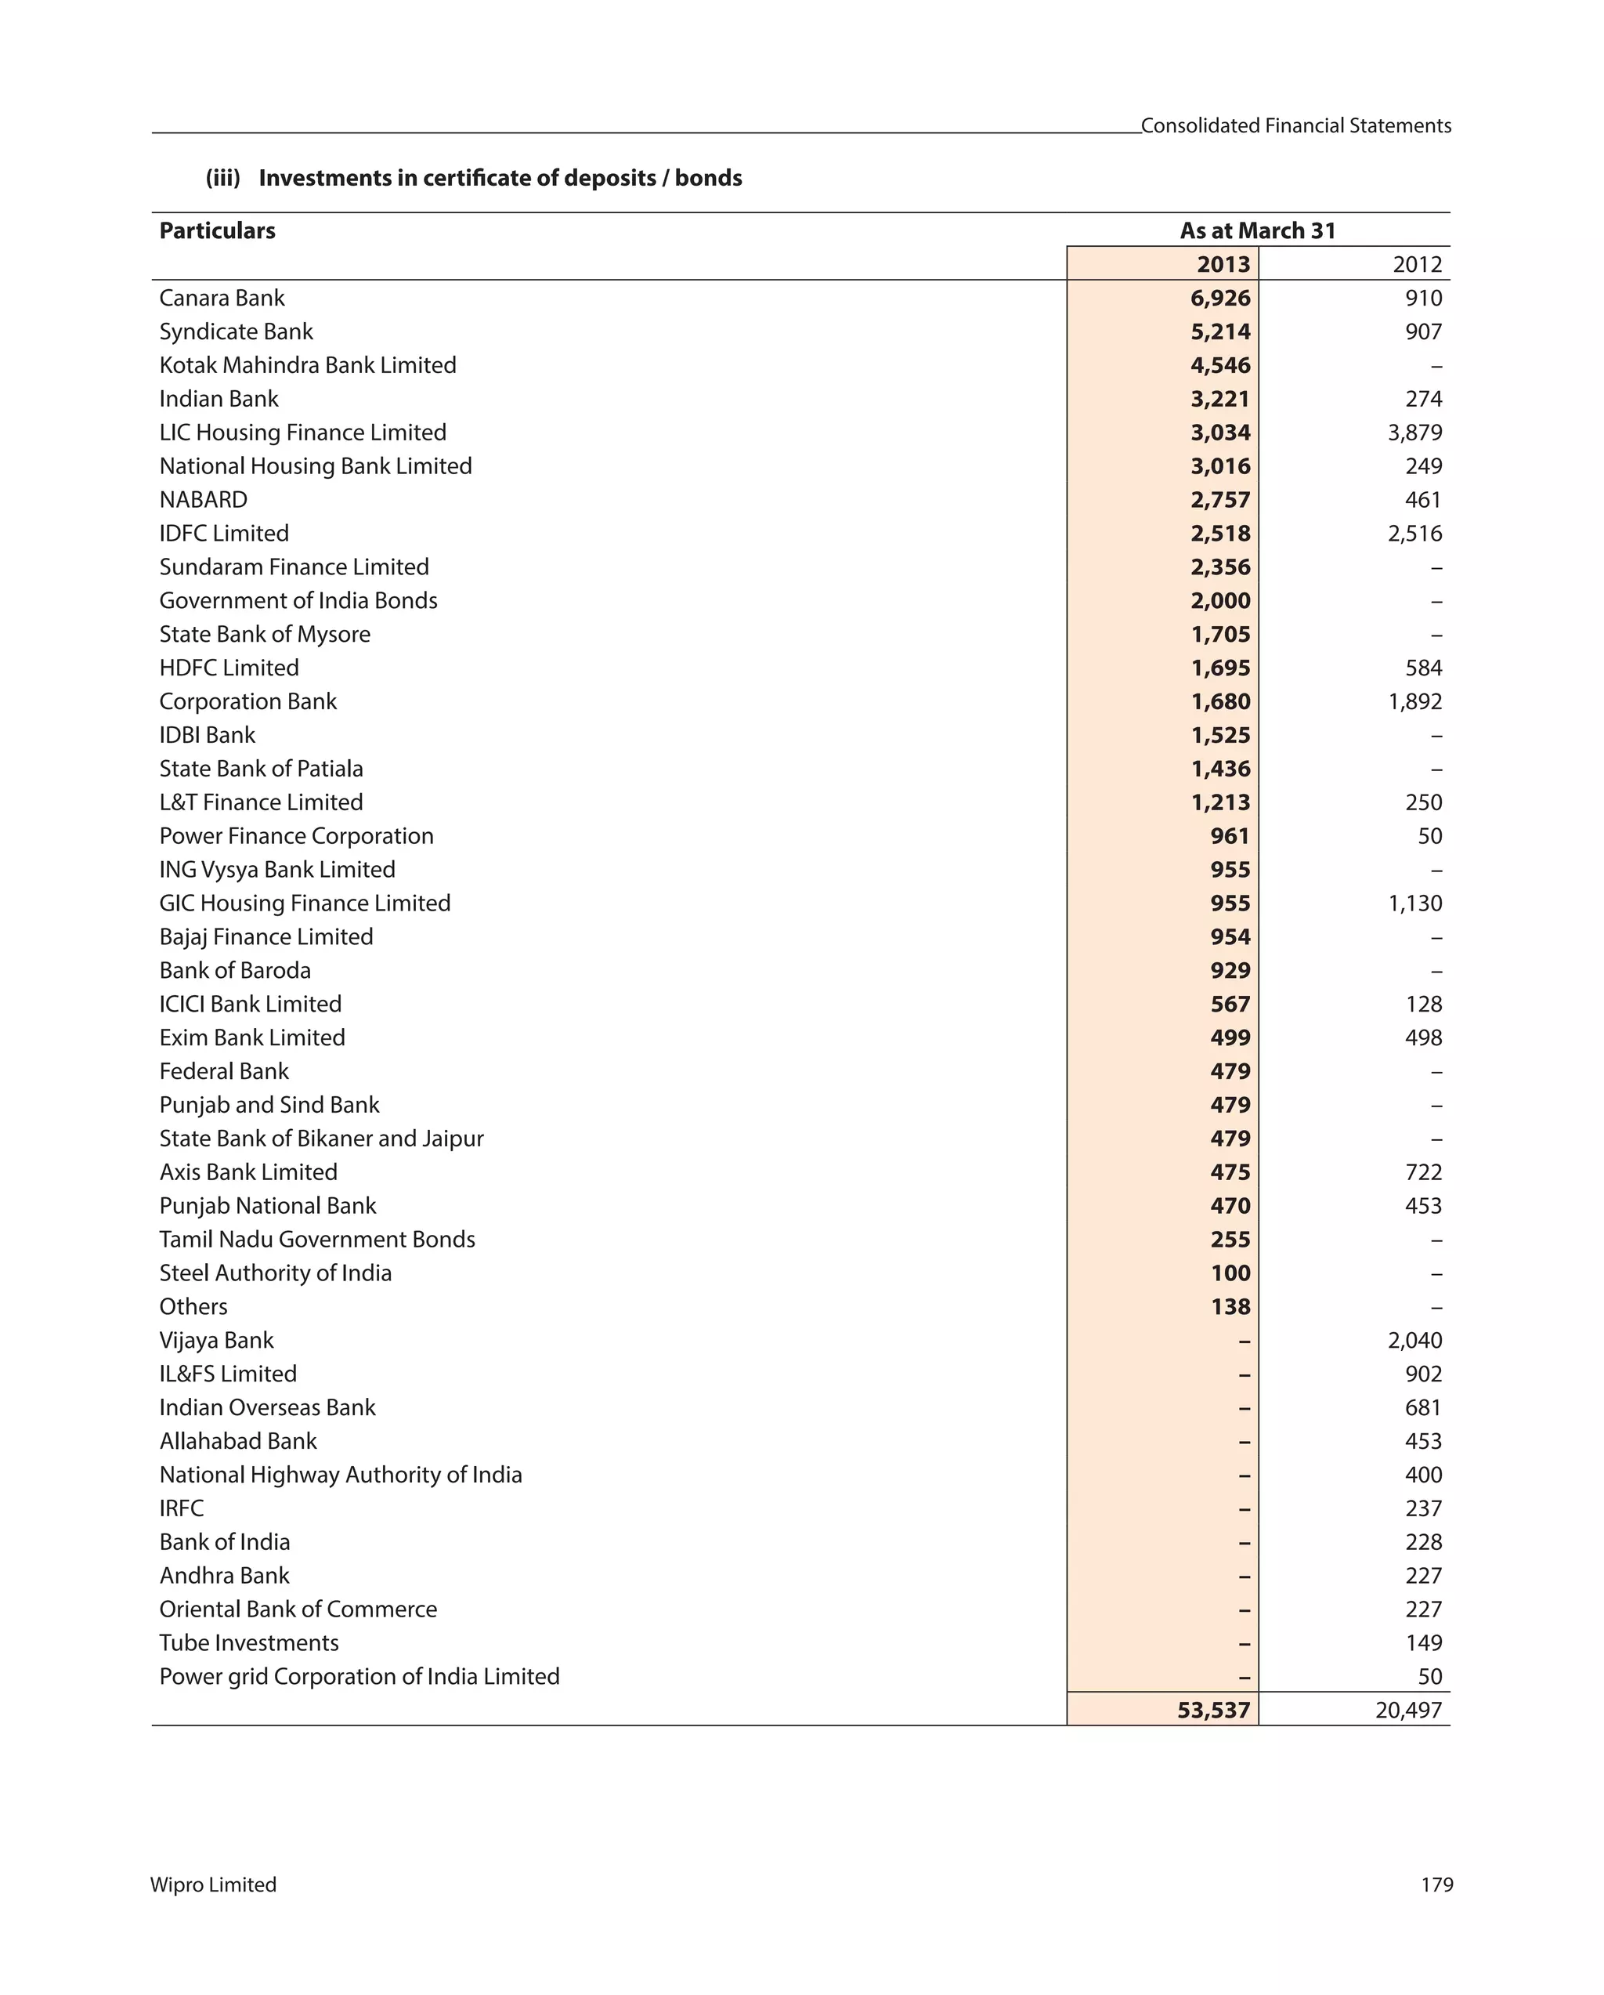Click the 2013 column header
tap(1222, 265)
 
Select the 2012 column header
tap(1416, 265)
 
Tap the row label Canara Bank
tap(222, 298)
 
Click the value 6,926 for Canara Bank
tap(1219, 298)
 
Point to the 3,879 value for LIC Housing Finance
tap(1414, 432)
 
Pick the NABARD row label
tap(204, 500)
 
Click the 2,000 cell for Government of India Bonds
tap(1219, 600)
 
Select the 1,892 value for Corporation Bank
tap(1414, 701)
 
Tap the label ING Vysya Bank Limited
tap(276, 870)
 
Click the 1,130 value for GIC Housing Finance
tap(1414, 903)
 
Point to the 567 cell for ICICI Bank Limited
tap(1230, 1004)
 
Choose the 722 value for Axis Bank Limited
tap(1423, 1172)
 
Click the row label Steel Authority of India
tap(275, 1273)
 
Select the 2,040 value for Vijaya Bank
tap(1414, 1341)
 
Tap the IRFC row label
tap(181, 1508)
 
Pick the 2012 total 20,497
tap(1408, 1710)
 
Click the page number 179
tap(1436, 1885)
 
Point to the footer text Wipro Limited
tap(214, 1885)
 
